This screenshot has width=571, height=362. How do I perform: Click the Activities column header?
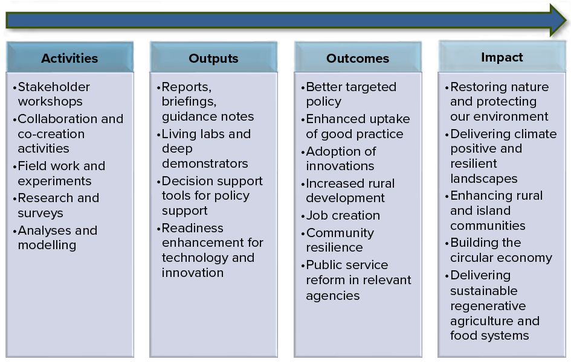(69, 57)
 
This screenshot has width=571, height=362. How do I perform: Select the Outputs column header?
(213, 57)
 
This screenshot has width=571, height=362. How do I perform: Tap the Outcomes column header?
(358, 57)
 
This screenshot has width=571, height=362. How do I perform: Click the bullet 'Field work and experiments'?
(59, 173)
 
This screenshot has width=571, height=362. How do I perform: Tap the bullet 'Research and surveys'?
(56, 205)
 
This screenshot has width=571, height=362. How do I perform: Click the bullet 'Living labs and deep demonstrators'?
(204, 148)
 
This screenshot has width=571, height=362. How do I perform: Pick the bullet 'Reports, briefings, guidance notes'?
(205, 101)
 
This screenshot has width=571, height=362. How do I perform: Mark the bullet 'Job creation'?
(341, 215)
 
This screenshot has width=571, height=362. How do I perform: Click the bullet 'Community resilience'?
(338, 240)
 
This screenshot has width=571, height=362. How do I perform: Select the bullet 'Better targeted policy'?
(349, 94)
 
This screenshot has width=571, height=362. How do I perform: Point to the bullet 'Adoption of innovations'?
(338, 159)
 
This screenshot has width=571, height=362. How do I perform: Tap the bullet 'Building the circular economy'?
(498, 250)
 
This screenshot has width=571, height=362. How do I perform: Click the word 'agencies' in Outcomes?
(333, 296)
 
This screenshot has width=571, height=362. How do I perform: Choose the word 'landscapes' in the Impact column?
(484, 179)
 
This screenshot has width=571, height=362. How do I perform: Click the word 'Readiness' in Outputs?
(193, 228)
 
